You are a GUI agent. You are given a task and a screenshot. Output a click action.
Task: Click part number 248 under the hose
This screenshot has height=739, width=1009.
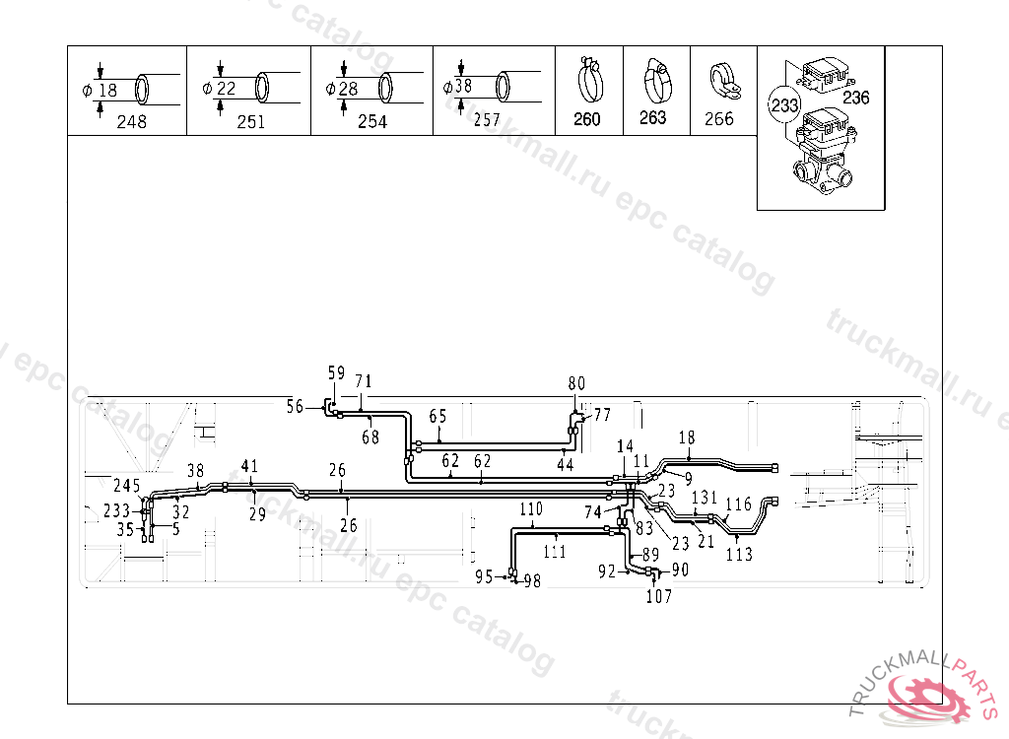click(x=131, y=122)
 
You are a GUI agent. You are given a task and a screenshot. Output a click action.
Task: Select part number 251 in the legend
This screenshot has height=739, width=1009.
click(x=251, y=122)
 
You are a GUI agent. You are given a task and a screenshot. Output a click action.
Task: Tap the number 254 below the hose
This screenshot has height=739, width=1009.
click(x=372, y=122)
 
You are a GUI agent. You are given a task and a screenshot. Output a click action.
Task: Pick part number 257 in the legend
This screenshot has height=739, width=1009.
click(x=486, y=121)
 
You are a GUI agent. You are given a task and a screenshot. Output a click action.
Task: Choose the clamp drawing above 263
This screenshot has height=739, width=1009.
click(x=654, y=81)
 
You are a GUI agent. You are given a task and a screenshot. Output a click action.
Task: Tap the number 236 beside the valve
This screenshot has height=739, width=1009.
click(x=857, y=98)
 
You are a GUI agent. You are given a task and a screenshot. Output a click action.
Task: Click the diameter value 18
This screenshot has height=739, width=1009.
click(x=107, y=90)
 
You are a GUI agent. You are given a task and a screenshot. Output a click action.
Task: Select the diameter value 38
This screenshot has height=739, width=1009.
click(x=464, y=87)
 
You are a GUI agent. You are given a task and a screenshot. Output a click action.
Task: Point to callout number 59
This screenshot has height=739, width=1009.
click(x=336, y=373)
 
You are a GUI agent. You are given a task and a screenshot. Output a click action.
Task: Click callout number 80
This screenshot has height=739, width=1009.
click(x=576, y=383)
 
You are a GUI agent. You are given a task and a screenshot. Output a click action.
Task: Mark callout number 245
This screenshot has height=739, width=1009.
click(x=127, y=485)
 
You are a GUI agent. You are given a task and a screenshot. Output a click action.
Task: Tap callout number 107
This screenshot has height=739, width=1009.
click(x=658, y=596)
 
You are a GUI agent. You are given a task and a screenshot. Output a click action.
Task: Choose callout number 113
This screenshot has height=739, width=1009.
click(x=739, y=554)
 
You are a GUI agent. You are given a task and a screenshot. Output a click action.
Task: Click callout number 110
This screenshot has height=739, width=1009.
click(x=531, y=509)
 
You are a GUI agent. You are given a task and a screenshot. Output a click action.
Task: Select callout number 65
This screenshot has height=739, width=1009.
click(x=437, y=417)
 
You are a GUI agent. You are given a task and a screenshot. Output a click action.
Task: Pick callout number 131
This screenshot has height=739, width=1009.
click(x=704, y=498)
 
